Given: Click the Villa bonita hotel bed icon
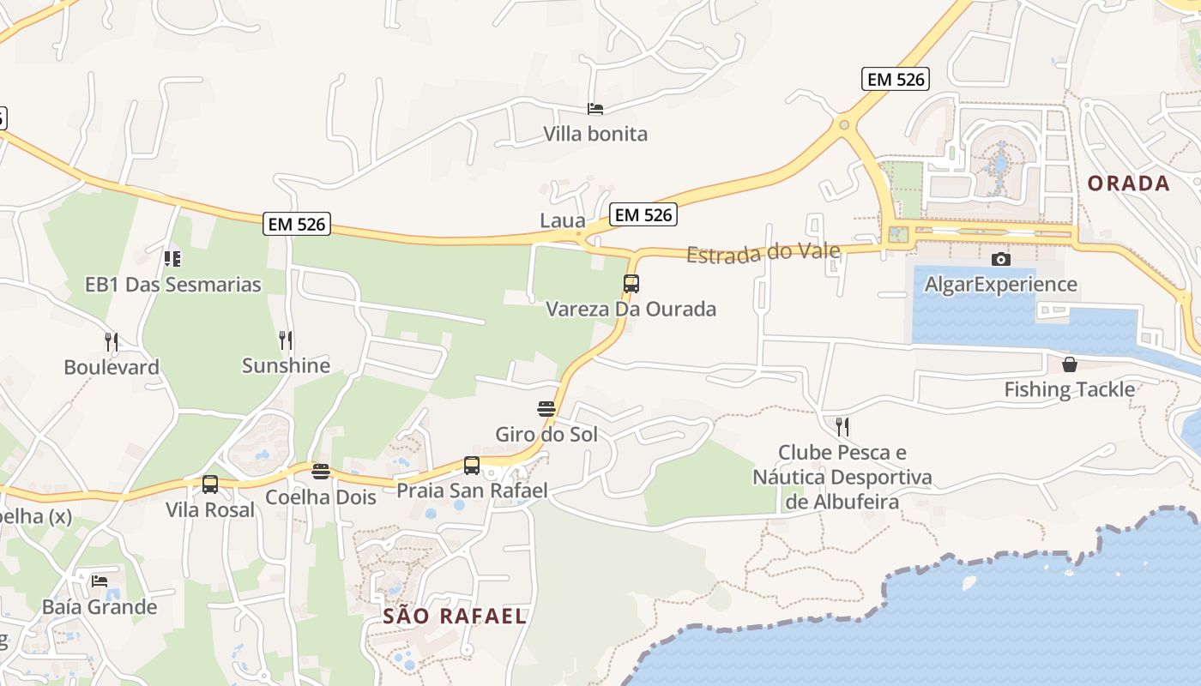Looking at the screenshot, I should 595,109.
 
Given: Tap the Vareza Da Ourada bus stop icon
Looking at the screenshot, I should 631,284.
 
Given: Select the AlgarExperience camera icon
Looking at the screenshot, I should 1000,259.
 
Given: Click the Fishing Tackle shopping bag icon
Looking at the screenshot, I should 1070,364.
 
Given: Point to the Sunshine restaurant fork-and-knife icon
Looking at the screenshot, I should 286,340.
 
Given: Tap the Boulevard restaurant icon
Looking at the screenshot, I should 111,342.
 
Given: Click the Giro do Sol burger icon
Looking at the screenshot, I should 546,408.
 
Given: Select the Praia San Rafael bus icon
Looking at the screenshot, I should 472,466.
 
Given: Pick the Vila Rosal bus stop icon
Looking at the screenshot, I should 210,484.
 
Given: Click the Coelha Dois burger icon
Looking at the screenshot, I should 321,472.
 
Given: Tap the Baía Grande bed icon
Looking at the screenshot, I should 100,581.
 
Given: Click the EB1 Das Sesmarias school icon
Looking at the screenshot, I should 172,258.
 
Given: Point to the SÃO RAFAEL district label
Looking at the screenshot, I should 454,616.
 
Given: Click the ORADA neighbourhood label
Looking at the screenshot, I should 1128,183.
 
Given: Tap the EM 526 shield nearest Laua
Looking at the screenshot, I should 643,214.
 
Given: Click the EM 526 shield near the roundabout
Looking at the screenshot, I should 896,79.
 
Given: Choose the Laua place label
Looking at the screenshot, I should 562,220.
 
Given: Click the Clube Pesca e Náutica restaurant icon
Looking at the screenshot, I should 842,426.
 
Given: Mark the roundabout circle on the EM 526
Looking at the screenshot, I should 844,125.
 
